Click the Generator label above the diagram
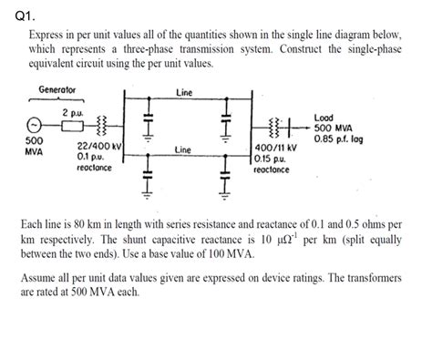click(57, 90)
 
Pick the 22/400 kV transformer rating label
click(99, 146)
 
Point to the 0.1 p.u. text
click(91, 157)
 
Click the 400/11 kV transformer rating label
click(274, 148)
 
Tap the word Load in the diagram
click(324, 118)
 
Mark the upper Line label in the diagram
click(183, 91)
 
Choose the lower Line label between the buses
click(183, 148)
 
